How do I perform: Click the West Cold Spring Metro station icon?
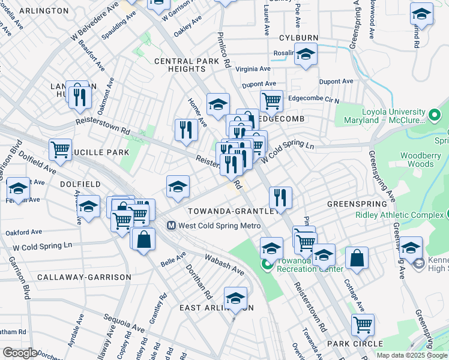coord(170,226)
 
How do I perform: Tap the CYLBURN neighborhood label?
coord(298,37)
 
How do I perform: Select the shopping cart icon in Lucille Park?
coord(60,150)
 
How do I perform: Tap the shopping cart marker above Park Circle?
coord(363,325)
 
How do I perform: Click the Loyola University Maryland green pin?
coord(435,113)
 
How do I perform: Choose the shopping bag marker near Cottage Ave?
coord(357,259)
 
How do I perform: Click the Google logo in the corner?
coord(19,353)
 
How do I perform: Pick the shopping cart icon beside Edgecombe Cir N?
coord(271,101)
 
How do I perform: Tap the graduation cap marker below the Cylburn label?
coord(306,55)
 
